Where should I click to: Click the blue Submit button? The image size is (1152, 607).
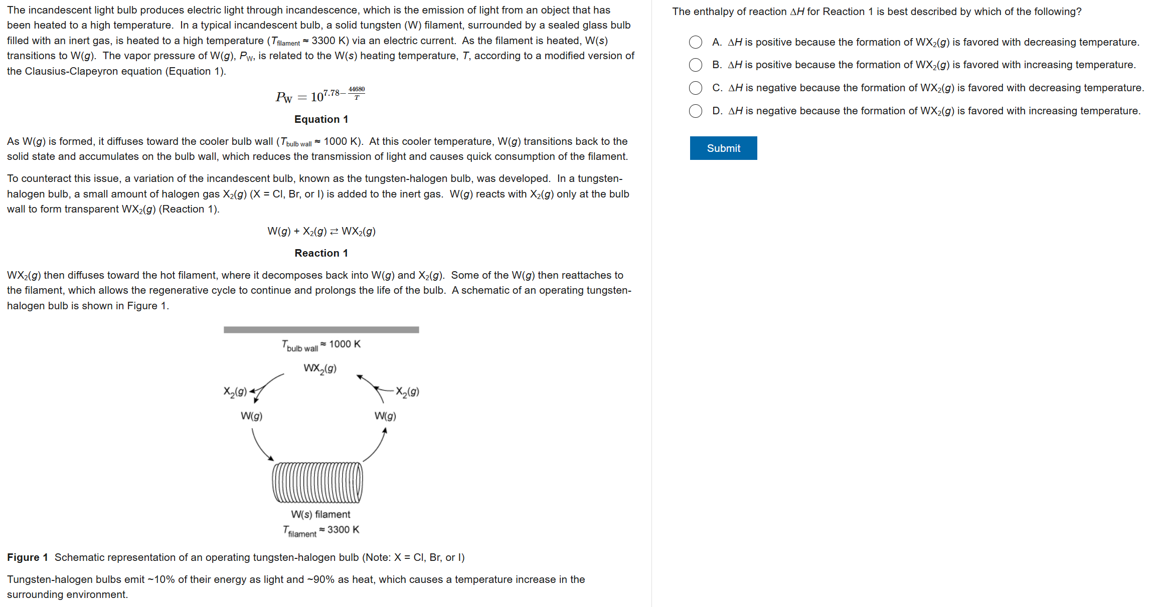click(723, 148)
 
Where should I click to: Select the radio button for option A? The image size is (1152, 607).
click(695, 42)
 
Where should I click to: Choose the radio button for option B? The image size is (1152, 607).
click(695, 65)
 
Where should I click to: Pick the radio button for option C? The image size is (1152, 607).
click(695, 88)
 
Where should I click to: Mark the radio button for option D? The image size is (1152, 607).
click(695, 111)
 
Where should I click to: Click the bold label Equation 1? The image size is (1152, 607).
click(321, 119)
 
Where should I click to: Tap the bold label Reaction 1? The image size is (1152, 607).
click(321, 253)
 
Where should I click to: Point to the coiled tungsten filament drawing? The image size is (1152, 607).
click(317, 482)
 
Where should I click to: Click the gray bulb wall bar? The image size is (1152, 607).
click(321, 330)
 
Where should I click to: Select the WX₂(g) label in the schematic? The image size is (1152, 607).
click(320, 369)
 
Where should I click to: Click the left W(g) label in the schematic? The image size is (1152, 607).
click(251, 416)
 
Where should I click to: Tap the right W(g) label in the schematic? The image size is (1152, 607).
click(385, 416)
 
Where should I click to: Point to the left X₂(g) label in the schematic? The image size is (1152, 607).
click(235, 392)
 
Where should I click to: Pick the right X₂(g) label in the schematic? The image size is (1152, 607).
click(407, 392)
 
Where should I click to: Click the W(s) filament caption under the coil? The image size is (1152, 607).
click(320, 514)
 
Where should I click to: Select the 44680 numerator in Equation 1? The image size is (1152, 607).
click(357, 89)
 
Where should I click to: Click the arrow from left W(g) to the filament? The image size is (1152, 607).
click(261, 446)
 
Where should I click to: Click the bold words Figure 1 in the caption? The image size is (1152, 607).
click(28, 557)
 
